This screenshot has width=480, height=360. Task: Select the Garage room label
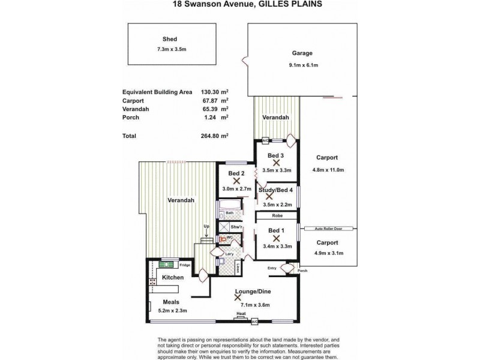302,52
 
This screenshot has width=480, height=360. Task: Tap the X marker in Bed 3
276,162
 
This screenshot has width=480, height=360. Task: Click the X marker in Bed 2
236,179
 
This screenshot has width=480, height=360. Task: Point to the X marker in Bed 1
276,238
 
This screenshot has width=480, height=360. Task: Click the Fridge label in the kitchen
184,265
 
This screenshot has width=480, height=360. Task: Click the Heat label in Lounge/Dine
241,314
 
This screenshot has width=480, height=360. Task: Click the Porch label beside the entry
302,270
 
